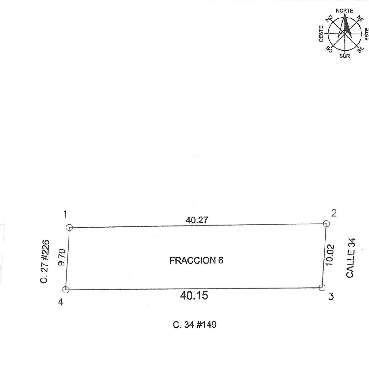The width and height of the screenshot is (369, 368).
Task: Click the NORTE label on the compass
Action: pos(344,11)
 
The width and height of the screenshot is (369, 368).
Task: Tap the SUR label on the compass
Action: pos(345,56)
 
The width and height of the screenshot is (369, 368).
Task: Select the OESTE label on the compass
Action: pos(321,34)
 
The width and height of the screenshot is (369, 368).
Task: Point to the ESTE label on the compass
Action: pos(366,34)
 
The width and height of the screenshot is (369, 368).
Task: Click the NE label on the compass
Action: pos(360,18)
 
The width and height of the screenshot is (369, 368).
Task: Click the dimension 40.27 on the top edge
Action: pos(197,220)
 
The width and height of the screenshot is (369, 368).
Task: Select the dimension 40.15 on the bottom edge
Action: pos(194,295)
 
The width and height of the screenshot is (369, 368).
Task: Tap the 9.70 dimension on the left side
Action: pos(62,257)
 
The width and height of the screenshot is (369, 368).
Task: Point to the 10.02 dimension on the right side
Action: pos(330,255)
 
